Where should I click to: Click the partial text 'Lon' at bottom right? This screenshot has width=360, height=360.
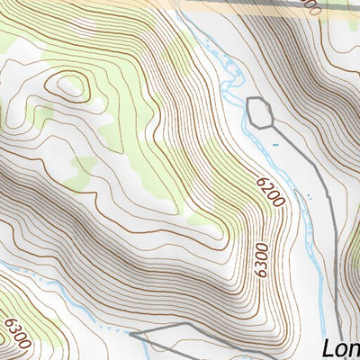(340, 347)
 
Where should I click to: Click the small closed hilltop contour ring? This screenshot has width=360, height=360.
(71, 86)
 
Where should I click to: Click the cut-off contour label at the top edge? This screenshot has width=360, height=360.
(310, 7)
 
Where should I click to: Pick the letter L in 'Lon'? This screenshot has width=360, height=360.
(328, 347)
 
